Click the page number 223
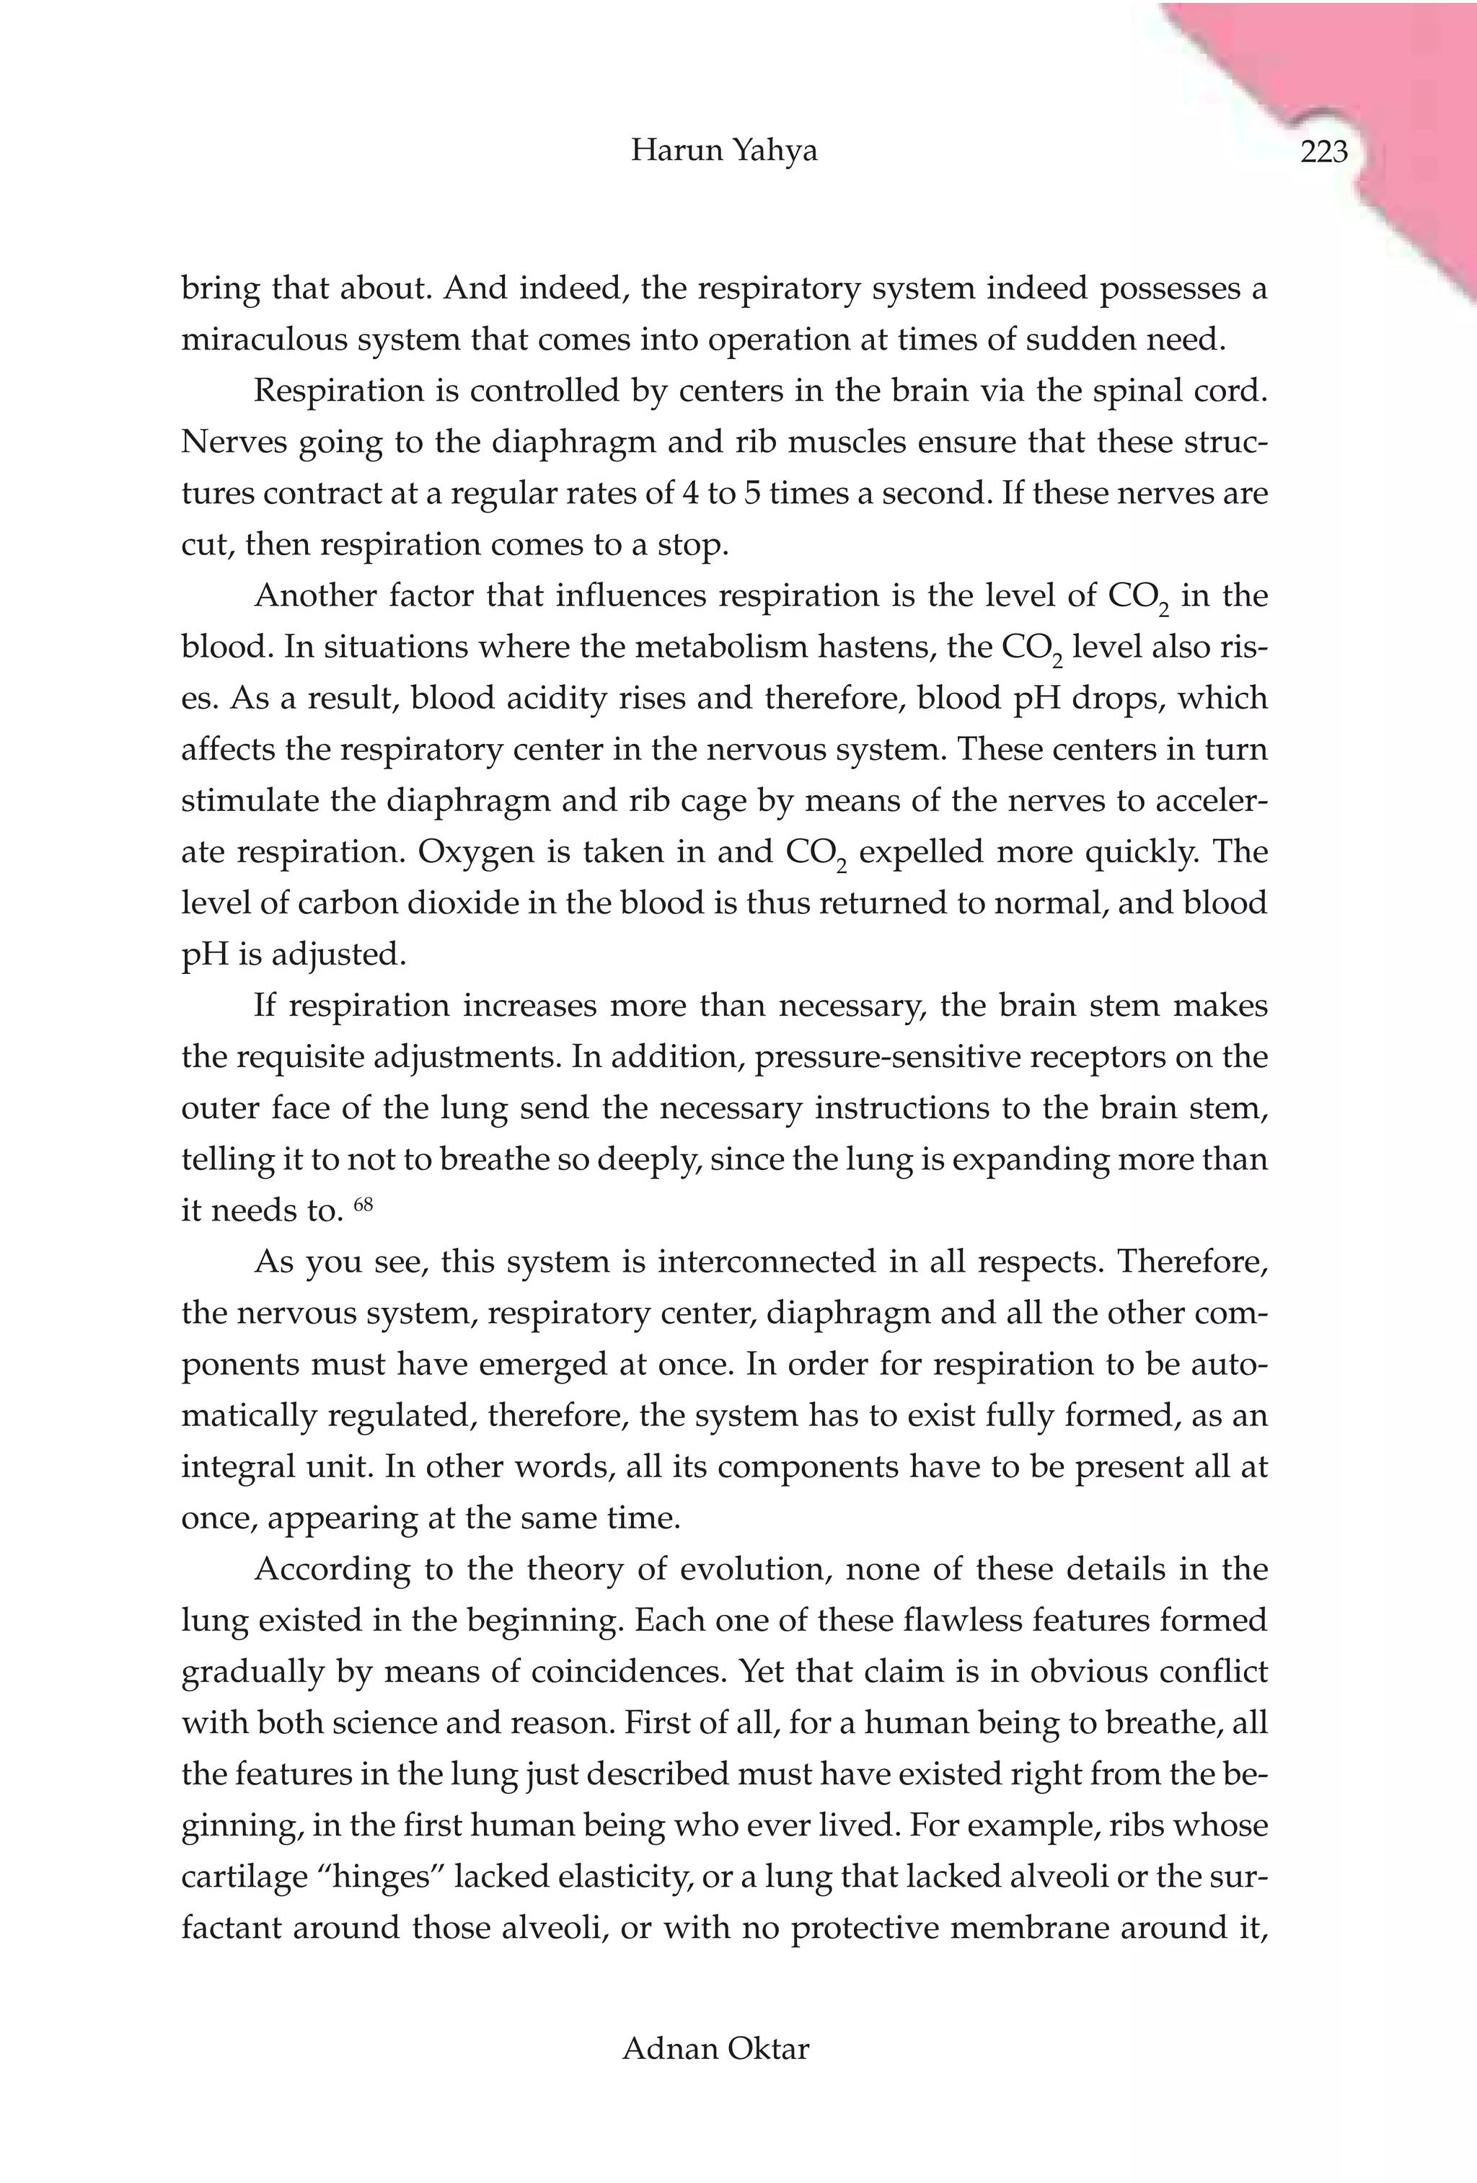pos(1324,151)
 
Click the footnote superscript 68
pos(363,1203)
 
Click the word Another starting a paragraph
pos(314,596)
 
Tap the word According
pos(332,1569)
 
